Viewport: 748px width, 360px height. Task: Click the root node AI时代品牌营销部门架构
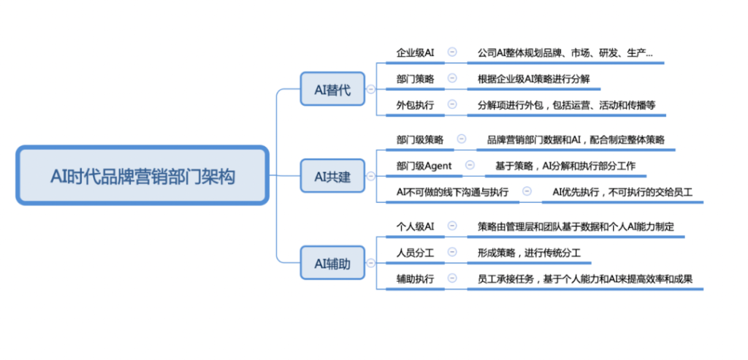coord(142,176)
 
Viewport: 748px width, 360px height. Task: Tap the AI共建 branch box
coord(332,177)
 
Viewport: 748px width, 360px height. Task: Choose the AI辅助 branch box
coord(332,264)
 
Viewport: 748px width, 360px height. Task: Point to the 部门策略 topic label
coord(415,79)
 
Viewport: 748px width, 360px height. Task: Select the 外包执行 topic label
coord(415,105)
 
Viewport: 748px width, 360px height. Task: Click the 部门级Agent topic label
coord(424,166)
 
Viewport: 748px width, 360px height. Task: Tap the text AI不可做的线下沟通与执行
coord(452,192)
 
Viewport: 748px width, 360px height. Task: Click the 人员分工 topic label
coord(415,253)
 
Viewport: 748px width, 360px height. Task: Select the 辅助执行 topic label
coord(415,279)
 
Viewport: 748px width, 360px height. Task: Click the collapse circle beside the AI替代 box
coord(370,90)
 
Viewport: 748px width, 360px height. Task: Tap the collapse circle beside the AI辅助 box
coord(370,263)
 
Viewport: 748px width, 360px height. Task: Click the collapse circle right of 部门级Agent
coord(470,166)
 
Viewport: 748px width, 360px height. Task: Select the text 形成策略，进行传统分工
coord(529,253)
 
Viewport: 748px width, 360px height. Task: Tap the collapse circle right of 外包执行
coord(452,104)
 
